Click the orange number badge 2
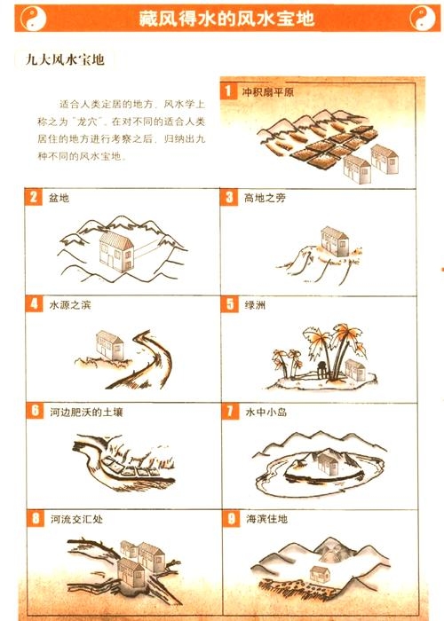(34, 197)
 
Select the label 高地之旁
(265, 197)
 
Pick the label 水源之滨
(70, 304)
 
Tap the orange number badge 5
(229, 304)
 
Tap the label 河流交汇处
(76, 518)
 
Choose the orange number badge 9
(229, 518)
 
